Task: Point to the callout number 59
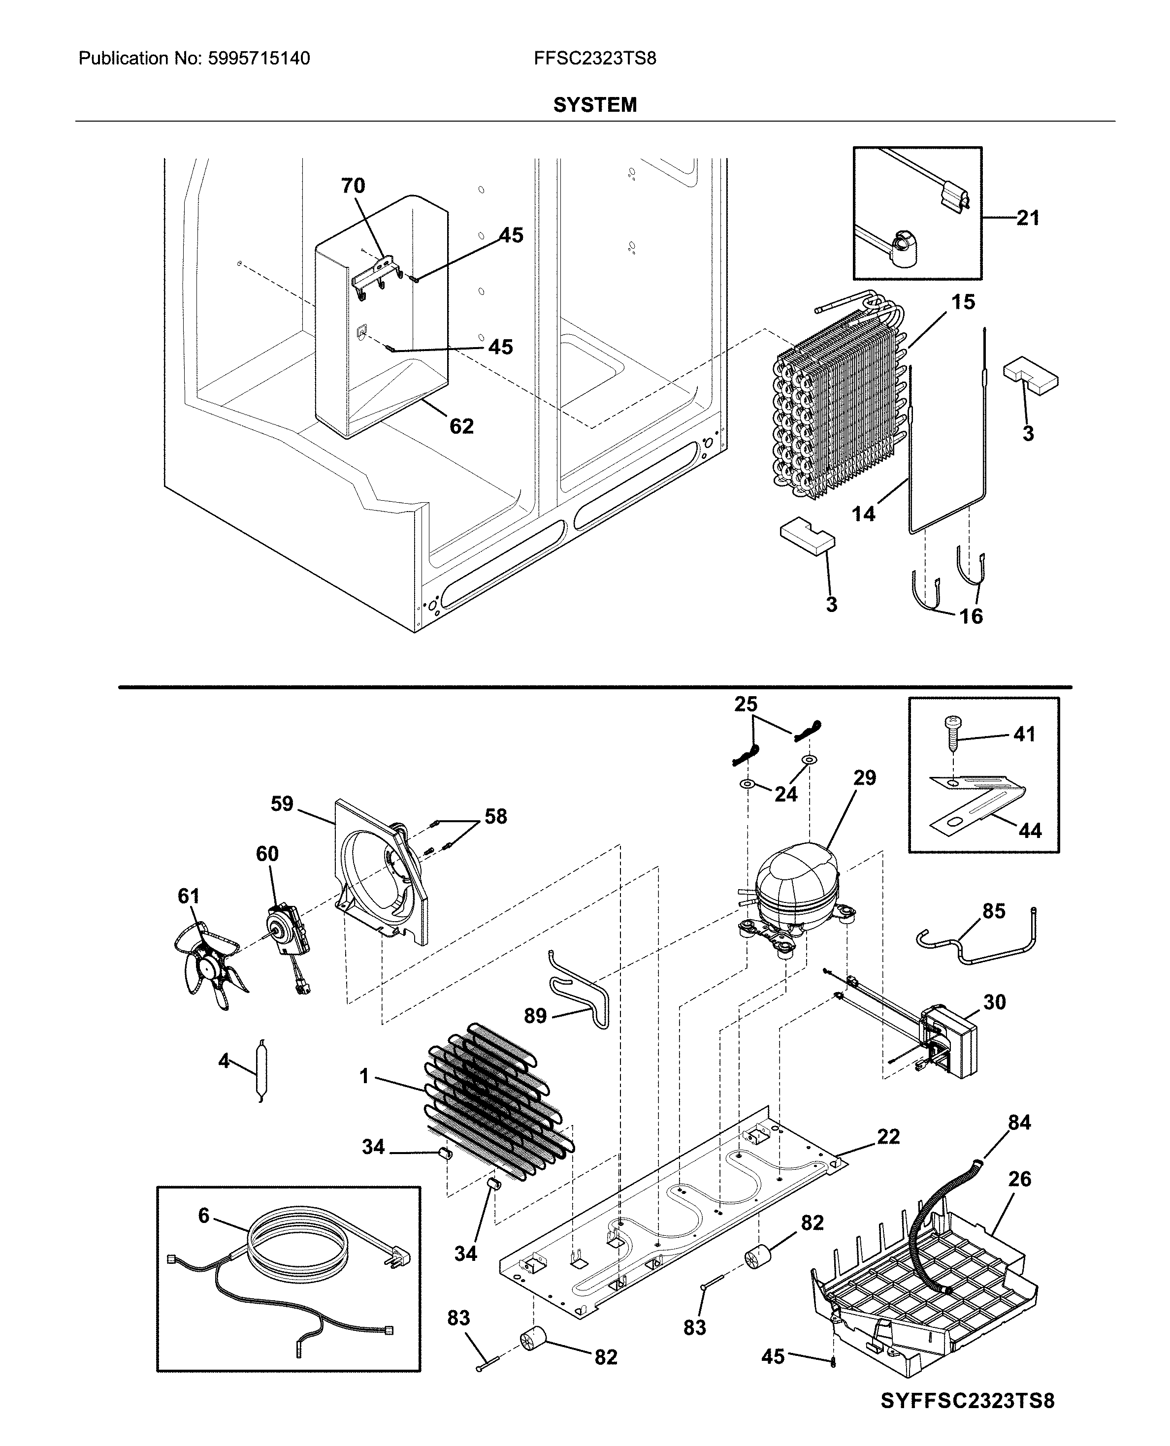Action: pos(282,804)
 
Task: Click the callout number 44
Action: pos(1030,831)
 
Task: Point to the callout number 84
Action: pos(1019,1123)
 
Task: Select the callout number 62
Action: pos(462,426)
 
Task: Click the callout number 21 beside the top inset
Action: pos(1028,218)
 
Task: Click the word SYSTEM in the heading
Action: pos(594,105)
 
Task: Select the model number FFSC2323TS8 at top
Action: pos(594,59)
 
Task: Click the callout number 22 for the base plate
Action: pos(888,1137)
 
